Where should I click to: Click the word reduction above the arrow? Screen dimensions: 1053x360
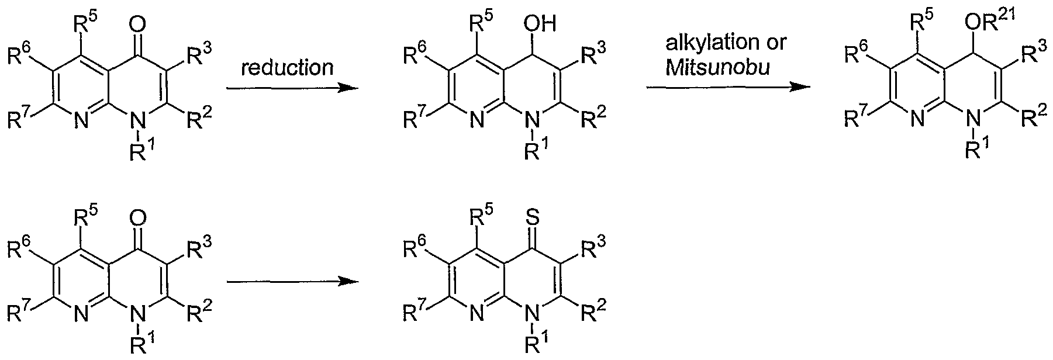point(287,68)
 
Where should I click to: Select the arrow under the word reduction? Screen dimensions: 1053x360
point(291,88)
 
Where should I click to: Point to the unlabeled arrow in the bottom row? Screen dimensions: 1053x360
point(291,282)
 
